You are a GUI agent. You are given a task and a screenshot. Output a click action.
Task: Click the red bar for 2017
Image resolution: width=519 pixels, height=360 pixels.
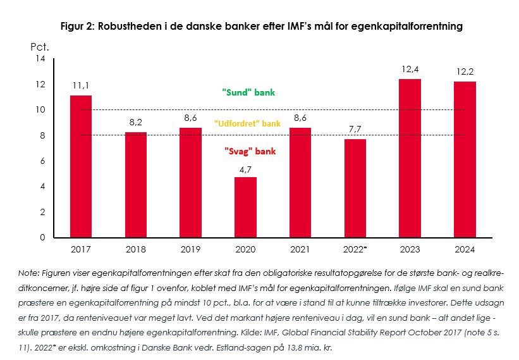point(80,166)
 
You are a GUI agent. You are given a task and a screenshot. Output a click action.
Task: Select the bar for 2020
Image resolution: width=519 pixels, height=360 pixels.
point(245,207)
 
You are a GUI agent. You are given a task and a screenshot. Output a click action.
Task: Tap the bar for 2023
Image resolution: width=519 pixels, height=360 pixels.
point(410,158)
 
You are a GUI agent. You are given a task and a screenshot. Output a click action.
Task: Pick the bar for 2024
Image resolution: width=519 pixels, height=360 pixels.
point(465,159)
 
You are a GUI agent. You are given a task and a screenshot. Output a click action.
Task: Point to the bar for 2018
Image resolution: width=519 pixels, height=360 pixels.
point(135,185)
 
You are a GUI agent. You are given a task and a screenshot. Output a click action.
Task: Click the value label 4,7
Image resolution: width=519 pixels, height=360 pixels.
point(245,168)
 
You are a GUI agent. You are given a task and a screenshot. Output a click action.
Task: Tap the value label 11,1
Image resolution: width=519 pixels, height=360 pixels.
point(80,86)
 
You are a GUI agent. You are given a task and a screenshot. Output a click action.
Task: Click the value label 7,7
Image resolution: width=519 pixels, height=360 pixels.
point(355,130)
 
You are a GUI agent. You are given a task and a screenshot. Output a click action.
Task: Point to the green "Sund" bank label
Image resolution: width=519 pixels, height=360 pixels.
point(248,92)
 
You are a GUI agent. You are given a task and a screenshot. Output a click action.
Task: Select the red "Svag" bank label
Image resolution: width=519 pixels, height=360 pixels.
point(248,152)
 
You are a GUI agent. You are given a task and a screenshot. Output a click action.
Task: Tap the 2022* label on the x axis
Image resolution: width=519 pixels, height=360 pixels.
point(355,249)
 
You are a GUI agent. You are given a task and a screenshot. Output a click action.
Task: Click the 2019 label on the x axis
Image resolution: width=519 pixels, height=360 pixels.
point(190,249)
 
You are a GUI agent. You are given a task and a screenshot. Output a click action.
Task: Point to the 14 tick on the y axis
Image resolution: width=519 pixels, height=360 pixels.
point(40,59)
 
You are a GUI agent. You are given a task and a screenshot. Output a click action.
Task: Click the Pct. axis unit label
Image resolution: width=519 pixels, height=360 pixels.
point(40,46)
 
